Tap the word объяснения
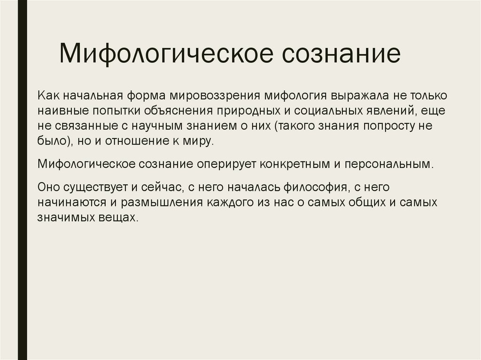point(177,111)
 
